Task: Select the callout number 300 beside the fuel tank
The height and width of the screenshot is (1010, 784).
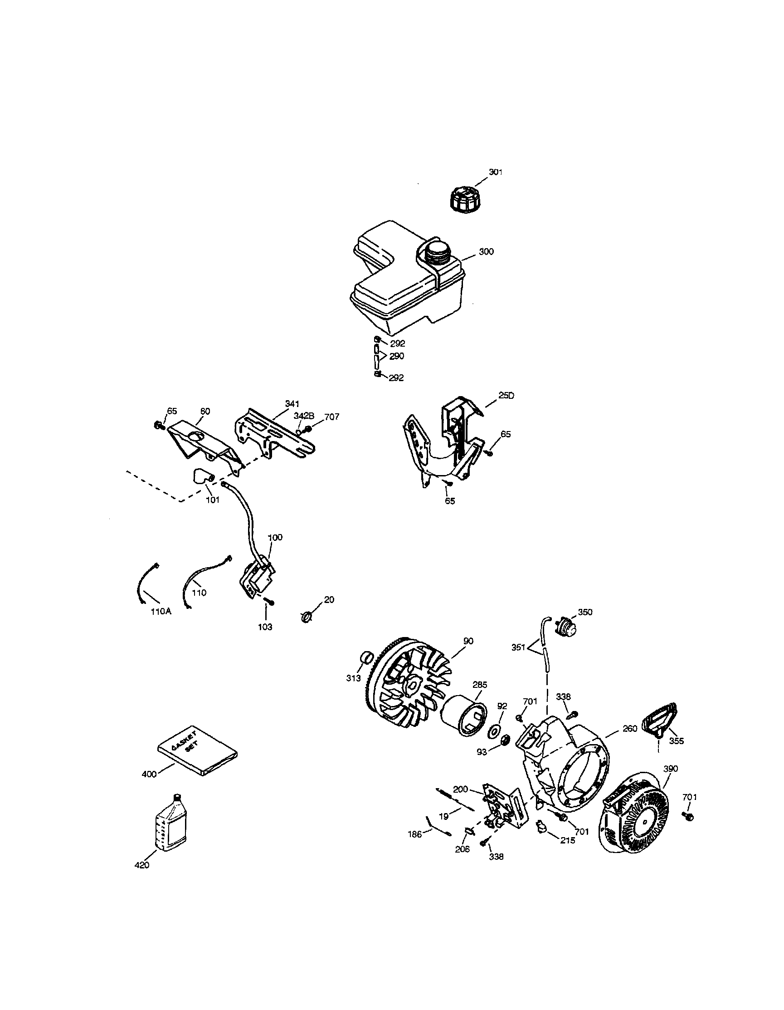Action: [x=486, y=251]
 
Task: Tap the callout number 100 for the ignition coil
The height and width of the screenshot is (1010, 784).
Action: [x=275, y=537]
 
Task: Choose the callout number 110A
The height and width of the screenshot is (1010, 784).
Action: [x=161, y=611]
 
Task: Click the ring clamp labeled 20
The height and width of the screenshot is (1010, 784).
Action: [x=307, y=617]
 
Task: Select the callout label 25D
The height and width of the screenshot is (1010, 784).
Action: [x=506, y=395]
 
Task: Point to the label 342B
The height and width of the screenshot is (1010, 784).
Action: [x=304, y=416]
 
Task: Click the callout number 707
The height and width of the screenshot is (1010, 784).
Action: [x=331, y=417]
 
